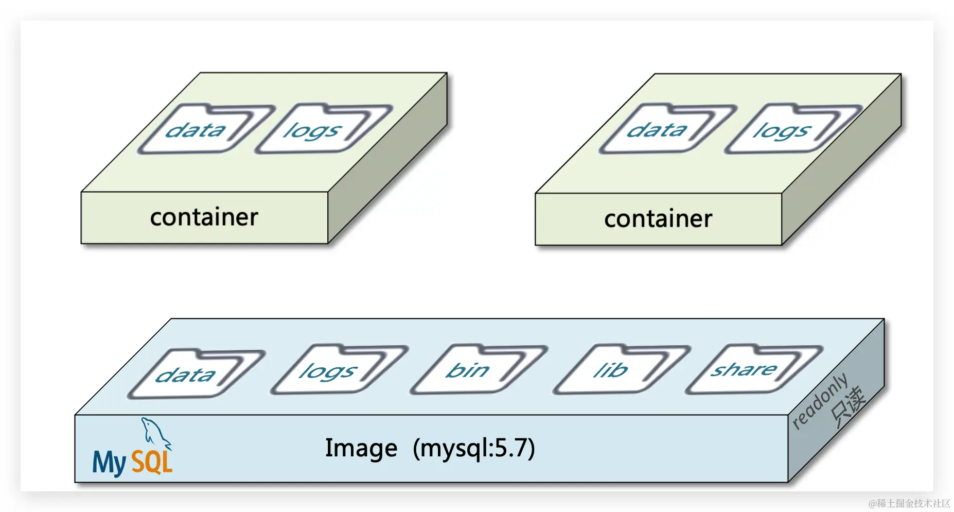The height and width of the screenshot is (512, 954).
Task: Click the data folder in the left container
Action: click(x=203, y=130)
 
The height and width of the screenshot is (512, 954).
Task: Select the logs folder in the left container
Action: click(x=322, y=130)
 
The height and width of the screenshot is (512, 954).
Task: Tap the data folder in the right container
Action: click(x=665, y=130)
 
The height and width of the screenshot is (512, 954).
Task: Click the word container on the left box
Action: click(x=204, y=217)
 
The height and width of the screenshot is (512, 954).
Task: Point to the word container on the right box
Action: click(x=658, y=219)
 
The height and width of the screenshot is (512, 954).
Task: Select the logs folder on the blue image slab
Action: click(x=337, y=371)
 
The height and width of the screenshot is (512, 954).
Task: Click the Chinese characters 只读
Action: click(x=848, y=407)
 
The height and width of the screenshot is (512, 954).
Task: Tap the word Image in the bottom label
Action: click(x=361, y=448)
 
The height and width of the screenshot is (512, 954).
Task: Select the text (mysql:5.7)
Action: click(x=473, y=448)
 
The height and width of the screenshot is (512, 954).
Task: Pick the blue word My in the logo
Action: click(x=109, y=462)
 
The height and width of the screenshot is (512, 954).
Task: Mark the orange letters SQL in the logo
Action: click(x=151, y=462)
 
